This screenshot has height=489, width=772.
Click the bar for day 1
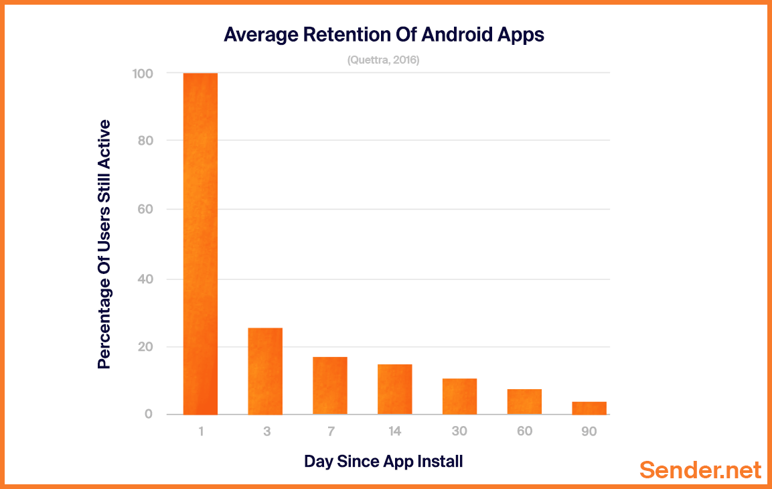(x=200, y=244)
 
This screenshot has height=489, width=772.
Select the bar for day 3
(x=265, y=371)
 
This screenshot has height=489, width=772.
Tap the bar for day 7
(x=330, y=386)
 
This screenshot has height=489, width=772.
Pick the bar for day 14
(x=395, y=389)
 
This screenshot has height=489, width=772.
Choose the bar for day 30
(x=459, y=397)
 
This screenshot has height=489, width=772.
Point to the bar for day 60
(x=524, y=402)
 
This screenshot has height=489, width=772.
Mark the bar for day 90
(x=589, y=408)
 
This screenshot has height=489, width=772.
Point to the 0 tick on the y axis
(x=148, y=415)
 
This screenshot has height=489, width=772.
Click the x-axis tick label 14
(x=395, y=431)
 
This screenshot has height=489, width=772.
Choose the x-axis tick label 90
(x=589, y=431)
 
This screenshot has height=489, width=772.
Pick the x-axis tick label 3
(x=266, y=431)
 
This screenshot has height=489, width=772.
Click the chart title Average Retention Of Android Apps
(x=384, y=35)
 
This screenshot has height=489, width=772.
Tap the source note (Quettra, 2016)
(x=383, y=60)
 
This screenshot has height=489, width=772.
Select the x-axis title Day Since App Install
(x=384, y=462)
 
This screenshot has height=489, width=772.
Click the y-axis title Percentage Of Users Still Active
(x=104, y=244)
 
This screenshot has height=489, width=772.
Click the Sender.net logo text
(x=700, y=470)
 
